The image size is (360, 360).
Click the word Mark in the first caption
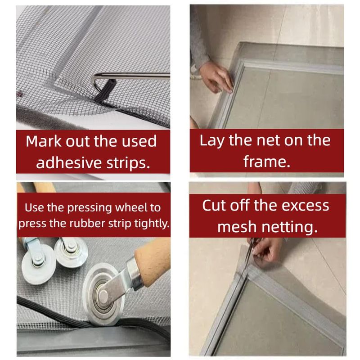(x=43, y=141)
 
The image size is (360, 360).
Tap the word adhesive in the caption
(x=69, y=163)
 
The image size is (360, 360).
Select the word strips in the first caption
(x=128, y=163)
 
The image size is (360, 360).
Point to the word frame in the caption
(x=267, y=162)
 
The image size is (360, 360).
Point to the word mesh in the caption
(x=237, y=227)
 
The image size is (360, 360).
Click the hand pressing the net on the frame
(x=216, y=77)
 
